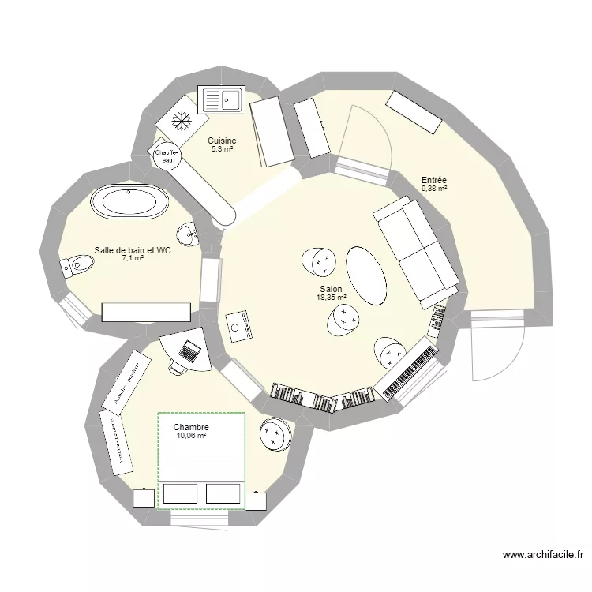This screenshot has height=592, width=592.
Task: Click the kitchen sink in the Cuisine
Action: (x=223, y=100)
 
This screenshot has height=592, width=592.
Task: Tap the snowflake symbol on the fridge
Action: (x=182, y=121)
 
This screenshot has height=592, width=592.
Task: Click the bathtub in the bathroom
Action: (x=129, y=202)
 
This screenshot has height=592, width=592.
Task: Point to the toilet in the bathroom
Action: (x=74, y=264)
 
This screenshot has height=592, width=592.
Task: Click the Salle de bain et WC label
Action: (x=133, y=249)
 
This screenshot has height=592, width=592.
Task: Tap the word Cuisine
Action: (x=222, y=141)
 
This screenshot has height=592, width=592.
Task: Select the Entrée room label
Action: (x=433, y=181)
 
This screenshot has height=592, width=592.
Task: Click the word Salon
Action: (x=331, y=290)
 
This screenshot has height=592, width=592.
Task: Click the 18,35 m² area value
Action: (x=331, y=298)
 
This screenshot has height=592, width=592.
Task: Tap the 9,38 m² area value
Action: (x=433, y=189)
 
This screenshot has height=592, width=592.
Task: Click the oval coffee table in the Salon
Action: (x=367, y=275)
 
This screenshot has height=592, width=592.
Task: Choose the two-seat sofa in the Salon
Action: (x=415, y=250)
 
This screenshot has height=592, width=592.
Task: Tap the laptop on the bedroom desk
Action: (x=189, y=349)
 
